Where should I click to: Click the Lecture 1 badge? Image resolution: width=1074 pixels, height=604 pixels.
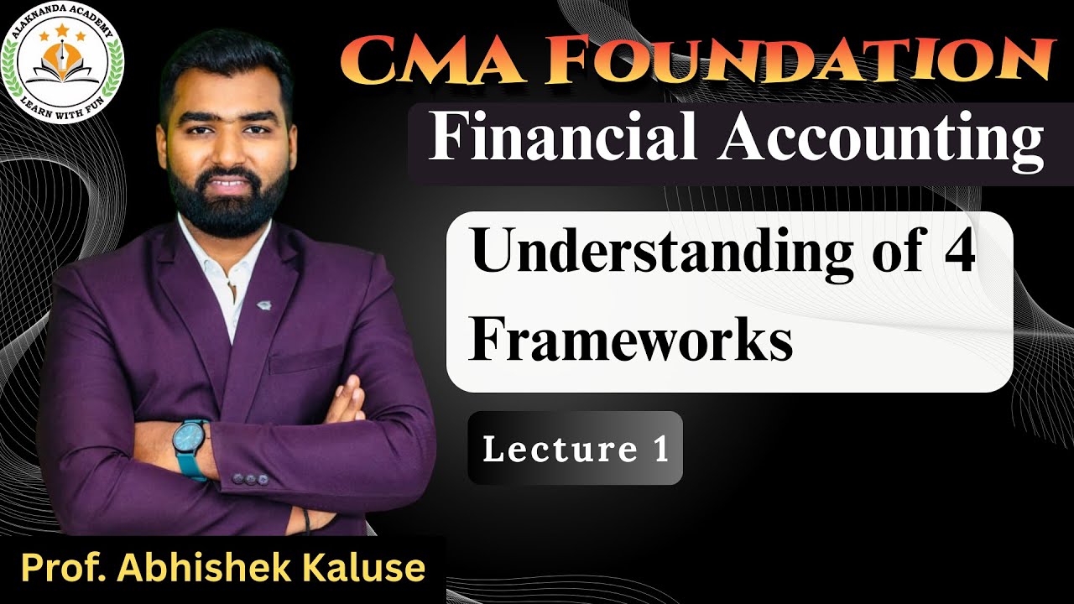click(576, 449)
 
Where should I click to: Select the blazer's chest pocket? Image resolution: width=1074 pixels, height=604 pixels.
click(306, 361)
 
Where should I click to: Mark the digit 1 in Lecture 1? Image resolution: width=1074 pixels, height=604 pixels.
click(660, 450)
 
